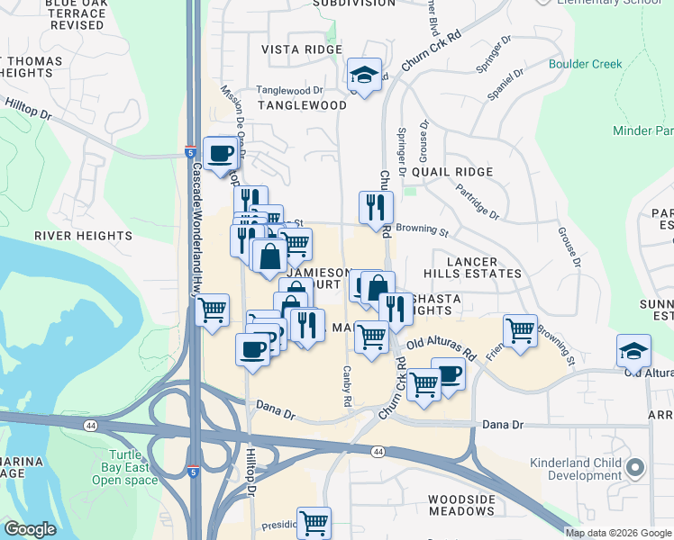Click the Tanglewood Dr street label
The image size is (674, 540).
[x=289, y=91]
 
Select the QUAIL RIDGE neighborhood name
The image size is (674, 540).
[x=451, y=172]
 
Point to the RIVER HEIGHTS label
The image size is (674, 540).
[x=84, y=236]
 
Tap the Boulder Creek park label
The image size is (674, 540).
[x=585, y=64]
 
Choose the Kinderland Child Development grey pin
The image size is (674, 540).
[x=635, y=467]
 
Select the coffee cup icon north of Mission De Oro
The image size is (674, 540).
[x=220, y=153]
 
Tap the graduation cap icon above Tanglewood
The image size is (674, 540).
[x=365, y=75]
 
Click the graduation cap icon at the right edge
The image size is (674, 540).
[x=634, y=351]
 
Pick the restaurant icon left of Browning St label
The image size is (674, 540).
[x=375, y=207]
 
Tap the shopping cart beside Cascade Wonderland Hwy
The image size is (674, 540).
[x=212, y=311]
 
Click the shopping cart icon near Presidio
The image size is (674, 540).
[x=314, y=522]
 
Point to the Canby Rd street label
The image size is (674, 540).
[x=346, y=386]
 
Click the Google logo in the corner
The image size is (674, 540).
[x=30, y=529]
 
